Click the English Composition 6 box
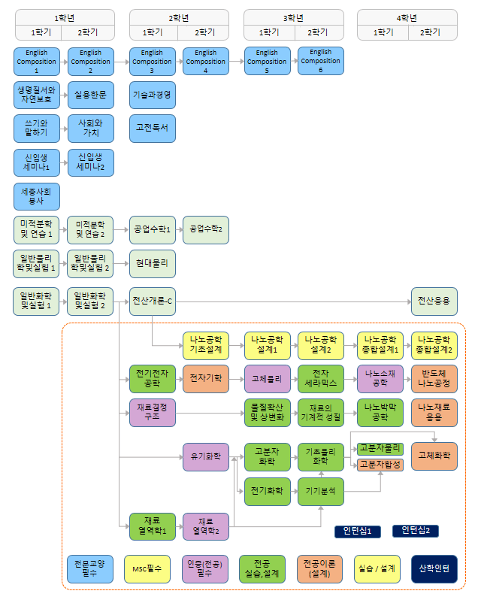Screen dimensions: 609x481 321,61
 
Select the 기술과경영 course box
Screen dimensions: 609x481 152,95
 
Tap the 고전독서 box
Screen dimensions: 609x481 152,128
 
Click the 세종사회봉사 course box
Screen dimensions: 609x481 37,196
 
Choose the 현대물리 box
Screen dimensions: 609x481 152,264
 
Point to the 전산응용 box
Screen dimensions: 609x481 434,301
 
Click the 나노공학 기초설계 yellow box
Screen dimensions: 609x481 205,345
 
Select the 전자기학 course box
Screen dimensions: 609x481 205,379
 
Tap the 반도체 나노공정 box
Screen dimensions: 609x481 434,379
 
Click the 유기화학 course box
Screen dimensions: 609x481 205,456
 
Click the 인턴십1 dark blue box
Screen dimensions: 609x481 358,532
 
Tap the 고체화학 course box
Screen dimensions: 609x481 434,456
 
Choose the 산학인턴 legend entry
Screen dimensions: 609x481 434,568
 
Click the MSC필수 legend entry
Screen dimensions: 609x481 147,568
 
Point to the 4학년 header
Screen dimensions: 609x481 407,17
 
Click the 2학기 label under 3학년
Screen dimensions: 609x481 316,32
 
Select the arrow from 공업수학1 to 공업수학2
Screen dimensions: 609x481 178,229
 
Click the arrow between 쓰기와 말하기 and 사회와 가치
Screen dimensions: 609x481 63,128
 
